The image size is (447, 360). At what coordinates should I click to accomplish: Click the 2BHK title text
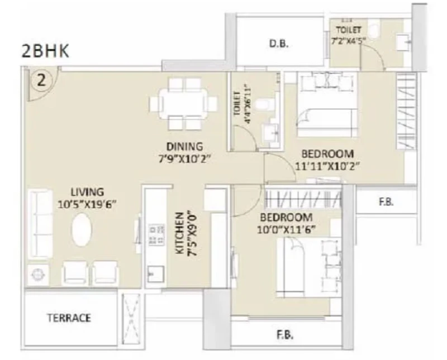(x=45, y=51)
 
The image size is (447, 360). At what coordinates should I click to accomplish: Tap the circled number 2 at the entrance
(x=41, y=80)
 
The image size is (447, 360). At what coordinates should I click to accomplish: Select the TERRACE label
(x=69, y=318)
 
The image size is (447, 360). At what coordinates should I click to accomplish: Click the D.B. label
(x=279, y=44)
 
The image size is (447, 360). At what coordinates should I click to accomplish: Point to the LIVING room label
(x=87, y=192)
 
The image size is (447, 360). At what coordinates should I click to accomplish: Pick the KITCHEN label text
(x=180, y=233)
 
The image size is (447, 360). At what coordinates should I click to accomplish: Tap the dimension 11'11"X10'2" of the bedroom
(x=327, y=166)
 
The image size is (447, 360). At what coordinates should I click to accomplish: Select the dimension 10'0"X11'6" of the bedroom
(x=286, y=229)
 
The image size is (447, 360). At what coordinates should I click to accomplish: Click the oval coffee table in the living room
(x=82, y=230)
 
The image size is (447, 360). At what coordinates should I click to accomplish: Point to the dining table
(x=183, y=104)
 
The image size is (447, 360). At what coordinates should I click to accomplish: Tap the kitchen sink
(x=156, y=274)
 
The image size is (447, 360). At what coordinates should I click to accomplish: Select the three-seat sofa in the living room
(x=40, y=224)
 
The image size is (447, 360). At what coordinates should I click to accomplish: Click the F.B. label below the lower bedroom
(x=285, y=335)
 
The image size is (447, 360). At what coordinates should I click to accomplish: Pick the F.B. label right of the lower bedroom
(x=386, y=202)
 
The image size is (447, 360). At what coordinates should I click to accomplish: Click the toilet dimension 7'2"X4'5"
(x=348, y=40)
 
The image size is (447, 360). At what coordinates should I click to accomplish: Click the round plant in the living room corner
(x=38, y=275)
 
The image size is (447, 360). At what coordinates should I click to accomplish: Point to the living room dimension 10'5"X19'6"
(x=87, y=204)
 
